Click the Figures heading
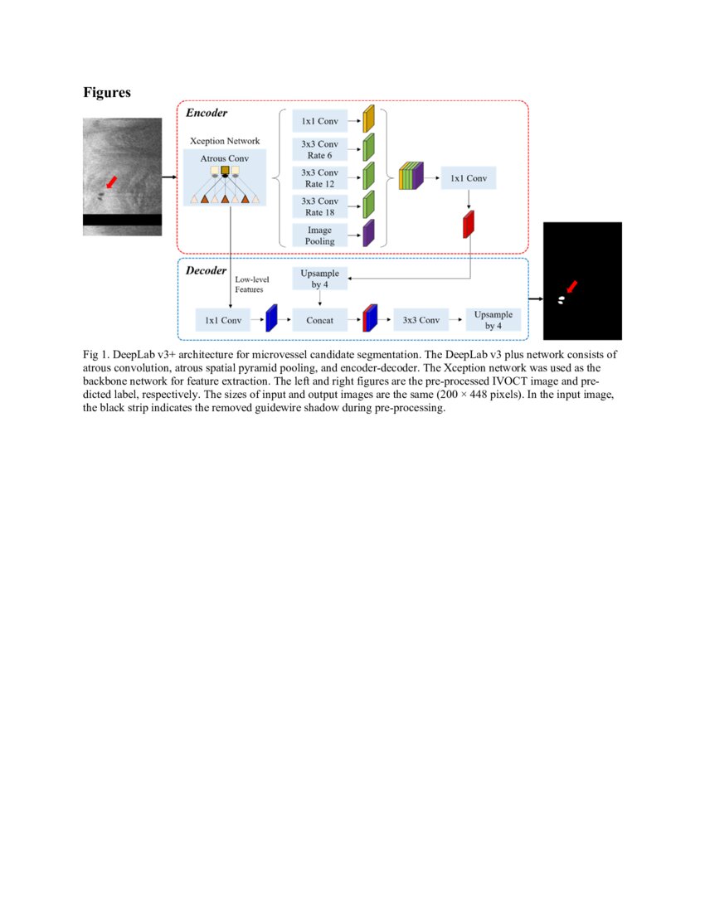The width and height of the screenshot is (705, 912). [106, 93]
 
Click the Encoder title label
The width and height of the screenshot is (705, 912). [206, 113]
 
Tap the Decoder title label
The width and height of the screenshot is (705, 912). [206, 270]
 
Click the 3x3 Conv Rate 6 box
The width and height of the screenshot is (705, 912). [319, 149]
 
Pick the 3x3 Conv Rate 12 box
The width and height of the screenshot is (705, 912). [319, 177]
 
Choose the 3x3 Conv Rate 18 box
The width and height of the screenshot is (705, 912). [319, 206]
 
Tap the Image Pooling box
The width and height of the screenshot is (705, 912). [319, 235]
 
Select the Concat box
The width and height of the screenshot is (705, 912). [319, 319]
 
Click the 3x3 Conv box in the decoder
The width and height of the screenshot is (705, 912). [421, 319]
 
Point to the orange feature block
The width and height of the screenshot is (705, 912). [369, 119]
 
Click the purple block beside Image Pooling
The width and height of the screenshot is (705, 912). [369, 233]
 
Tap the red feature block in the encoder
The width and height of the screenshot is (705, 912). [469, 225]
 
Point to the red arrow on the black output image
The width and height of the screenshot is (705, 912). [571, 287]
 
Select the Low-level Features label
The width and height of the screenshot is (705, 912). [252, 284]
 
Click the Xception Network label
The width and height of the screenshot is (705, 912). [225, 141]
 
